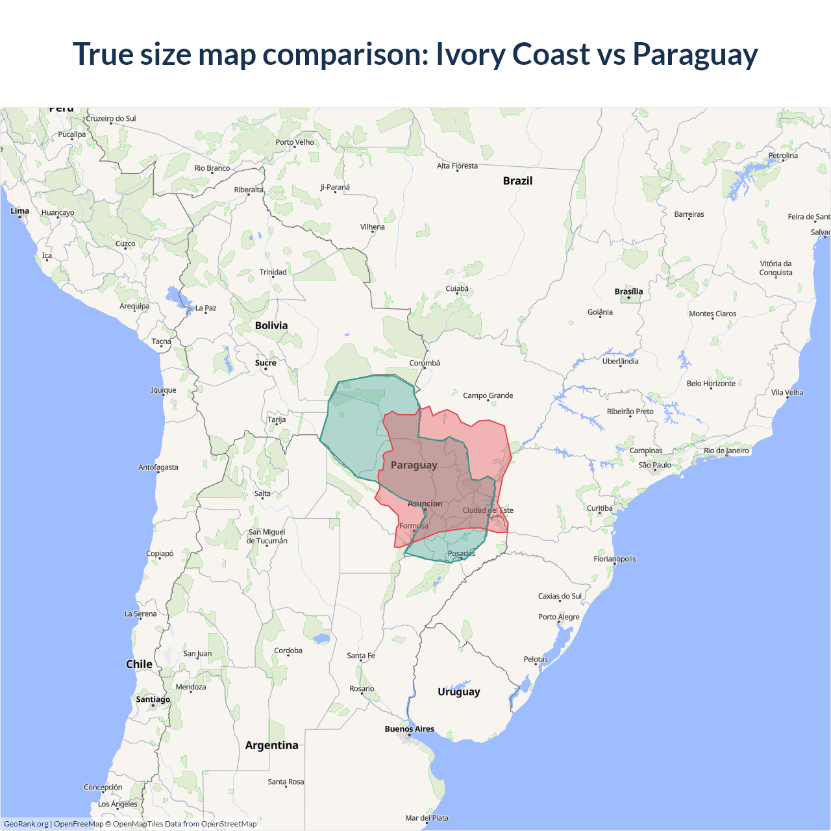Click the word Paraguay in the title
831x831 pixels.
click(695, 55)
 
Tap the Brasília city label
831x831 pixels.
click(628, 291)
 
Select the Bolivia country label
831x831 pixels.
click(271, 325)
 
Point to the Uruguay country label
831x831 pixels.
click(458, 691)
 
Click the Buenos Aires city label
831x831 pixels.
click(409, 729)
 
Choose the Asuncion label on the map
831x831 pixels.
click(425, 504)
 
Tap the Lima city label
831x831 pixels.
click(19, 211)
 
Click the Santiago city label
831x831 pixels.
click(153, 699)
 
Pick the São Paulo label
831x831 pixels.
click(654, 465)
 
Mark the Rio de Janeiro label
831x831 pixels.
click(726, 451)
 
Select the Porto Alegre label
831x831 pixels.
click(558, 617)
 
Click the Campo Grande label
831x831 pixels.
click(488, 395)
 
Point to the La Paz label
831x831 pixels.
click(206, 308)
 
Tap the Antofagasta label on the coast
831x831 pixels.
click(158, 467)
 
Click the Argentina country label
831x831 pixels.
click(271, 745)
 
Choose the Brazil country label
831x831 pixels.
click(517, 181)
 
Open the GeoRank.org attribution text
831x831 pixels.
click(26, 824)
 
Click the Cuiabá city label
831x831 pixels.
click(457, 289)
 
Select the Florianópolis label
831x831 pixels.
click(615, 559)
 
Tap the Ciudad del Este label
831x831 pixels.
click(488, 510)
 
